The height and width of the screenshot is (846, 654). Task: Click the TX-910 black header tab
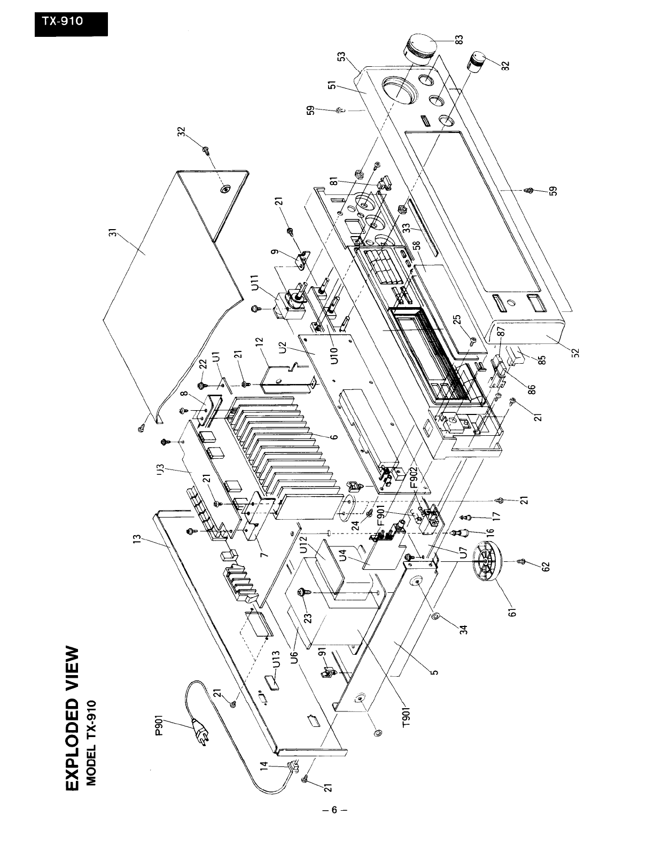[x=71, y=23]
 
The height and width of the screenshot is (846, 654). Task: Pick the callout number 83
[x=460, y=40]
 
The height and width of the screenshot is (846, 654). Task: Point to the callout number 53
[x=341, y=57]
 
